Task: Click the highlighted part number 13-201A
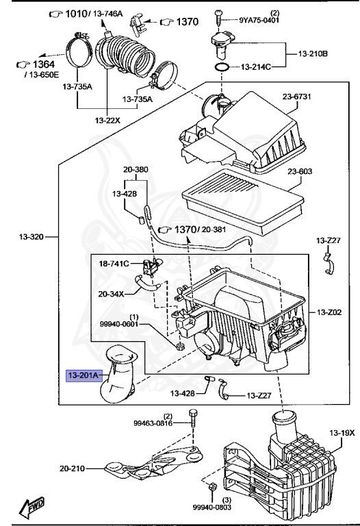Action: [x=83, y=375]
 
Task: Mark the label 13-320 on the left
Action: [x=29, y=238]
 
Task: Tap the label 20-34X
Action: [x=111, y=294]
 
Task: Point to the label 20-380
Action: [x=136, y=170]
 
